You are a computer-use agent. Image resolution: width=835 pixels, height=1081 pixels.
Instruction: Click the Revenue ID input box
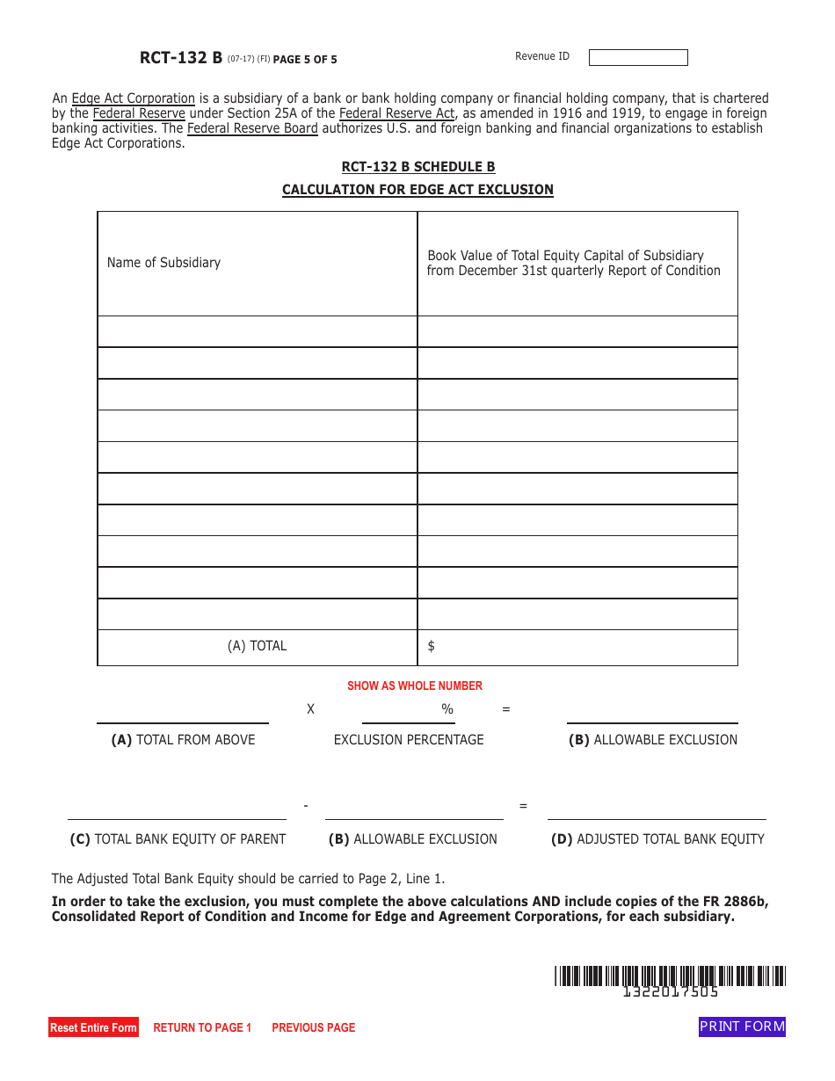pos(638,57)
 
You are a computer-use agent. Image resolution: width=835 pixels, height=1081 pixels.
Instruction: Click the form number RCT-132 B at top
pos(180,58)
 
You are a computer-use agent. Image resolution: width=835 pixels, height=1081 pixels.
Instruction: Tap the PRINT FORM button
pos(742,1027)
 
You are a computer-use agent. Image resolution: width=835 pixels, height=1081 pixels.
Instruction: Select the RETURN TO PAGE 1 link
pos(202,1027)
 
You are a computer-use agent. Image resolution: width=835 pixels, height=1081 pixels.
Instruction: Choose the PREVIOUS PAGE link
pos(313,1027)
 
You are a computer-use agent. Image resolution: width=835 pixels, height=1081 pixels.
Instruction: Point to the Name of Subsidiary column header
pos(163,263)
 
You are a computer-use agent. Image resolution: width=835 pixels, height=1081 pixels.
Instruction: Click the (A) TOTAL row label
pos(257,646)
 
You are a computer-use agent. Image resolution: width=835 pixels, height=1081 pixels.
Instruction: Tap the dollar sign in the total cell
pos(431,647)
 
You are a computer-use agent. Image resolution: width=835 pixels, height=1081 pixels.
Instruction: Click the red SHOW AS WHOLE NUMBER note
pos(415,686)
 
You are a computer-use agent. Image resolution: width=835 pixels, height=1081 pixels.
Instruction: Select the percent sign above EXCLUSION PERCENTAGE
pos(447,709)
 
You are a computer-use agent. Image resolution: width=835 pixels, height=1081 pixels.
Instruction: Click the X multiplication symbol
pos(310,709)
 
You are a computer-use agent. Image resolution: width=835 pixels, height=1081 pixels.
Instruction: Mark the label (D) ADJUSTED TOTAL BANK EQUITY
pos(657,839)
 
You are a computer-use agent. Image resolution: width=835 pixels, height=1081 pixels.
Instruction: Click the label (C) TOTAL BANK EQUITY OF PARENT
pos(178,839)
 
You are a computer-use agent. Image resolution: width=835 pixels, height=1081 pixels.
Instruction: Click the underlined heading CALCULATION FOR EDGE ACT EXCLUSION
pos(417,190)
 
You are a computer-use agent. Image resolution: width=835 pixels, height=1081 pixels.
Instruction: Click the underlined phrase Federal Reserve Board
pos(252,128)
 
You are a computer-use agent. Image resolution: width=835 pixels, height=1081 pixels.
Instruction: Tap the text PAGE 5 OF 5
pos(305,60)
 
